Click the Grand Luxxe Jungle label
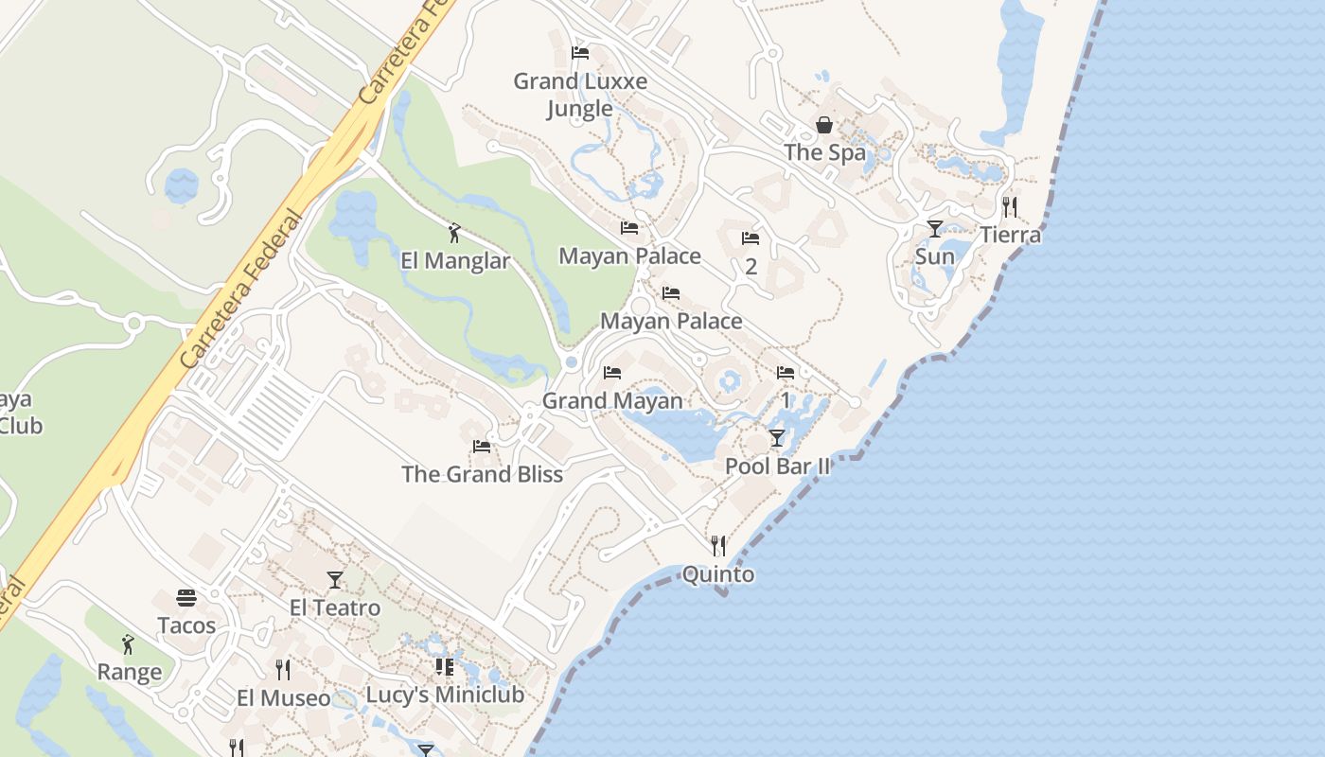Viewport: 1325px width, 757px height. point(580,95)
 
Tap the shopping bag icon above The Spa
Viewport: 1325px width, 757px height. point(824,125)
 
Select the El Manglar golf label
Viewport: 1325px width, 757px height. point(455,260)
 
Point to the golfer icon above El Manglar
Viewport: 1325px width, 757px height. point(454,232)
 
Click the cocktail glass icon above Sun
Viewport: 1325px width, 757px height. point(935,228)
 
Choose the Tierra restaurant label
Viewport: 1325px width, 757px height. point(1010,235)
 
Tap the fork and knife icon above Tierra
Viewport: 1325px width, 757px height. point(1010,206)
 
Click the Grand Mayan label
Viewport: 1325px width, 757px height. point(612,400)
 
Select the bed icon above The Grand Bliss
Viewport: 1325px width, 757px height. point(482,446)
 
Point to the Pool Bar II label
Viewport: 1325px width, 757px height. point(777,466)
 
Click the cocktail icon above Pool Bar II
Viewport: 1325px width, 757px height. point(777,437)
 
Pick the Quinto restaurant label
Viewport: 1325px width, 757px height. point(718,574)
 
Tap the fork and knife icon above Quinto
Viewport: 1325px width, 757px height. point(718,546)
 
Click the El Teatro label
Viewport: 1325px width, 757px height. point(335,607)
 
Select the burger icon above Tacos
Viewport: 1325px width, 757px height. point(186,598)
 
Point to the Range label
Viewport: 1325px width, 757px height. point(130,672)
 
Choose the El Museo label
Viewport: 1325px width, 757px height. point(283,698)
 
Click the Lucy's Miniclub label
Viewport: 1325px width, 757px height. point(445,695)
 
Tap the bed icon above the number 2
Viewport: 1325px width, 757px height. point(751,238)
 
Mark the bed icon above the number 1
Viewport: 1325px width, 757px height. point(786,373)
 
